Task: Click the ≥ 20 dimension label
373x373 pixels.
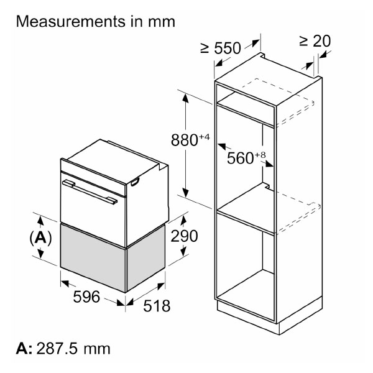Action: click(315, 41)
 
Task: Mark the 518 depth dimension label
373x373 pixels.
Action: click(153, 306)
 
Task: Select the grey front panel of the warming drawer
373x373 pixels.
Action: click(93, 255)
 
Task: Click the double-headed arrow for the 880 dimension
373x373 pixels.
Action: click(185, 143)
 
